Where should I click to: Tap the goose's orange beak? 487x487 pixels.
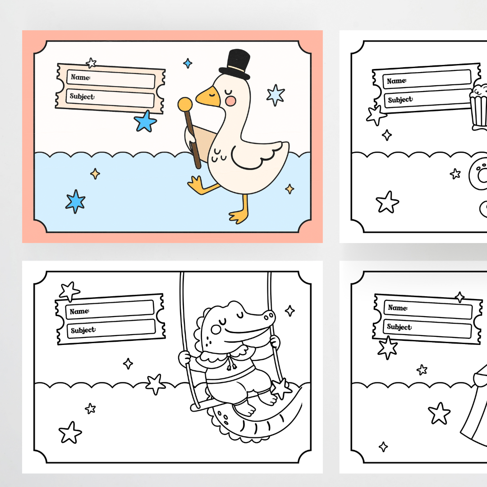(x=207, y=97)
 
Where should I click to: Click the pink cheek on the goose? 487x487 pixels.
(x=230, y=101)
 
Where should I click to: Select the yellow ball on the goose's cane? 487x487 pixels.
(x=185, y=104)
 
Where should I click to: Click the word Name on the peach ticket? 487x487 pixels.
(x=80, y=77)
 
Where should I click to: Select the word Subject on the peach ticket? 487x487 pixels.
(x=82, y=96)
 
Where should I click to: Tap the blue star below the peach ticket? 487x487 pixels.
(x=145, y=121)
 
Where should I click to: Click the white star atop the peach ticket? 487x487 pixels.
(x=91, y=63)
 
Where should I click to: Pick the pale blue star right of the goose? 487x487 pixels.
(x=276, y=95)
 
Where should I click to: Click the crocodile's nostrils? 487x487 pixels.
(x=269, y=316)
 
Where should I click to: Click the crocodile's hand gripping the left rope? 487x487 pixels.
(x=184, y=358)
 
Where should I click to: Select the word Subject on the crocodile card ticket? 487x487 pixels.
(x=83, y=330)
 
